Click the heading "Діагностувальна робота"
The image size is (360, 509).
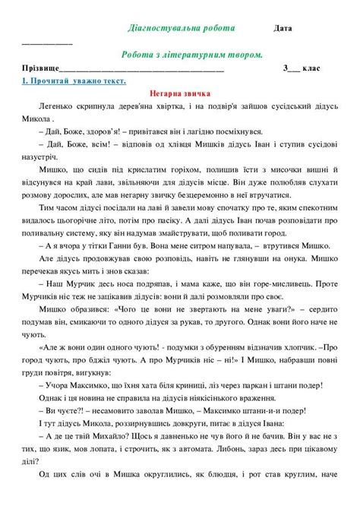point(181,28)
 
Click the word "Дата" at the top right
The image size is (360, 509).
point(283,29)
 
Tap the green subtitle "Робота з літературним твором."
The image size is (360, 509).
point(192,55)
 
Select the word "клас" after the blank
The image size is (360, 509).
point(311,68)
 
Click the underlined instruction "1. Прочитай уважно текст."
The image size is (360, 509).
point(74,81)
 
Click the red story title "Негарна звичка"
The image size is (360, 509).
point(178,93)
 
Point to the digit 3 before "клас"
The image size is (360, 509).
point(286,68)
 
